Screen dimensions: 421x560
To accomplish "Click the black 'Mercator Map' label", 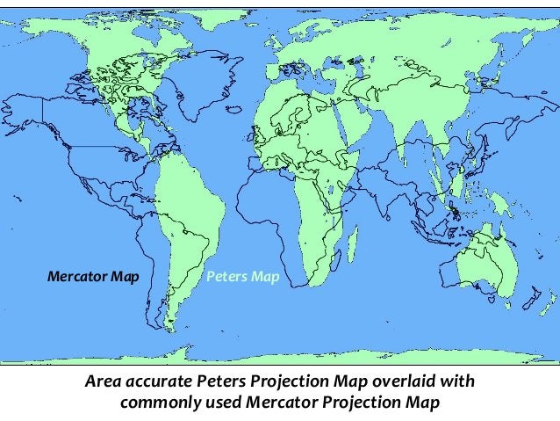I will click(x=93, y=278).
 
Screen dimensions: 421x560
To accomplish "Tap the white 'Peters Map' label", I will click(x=242, y=278).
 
